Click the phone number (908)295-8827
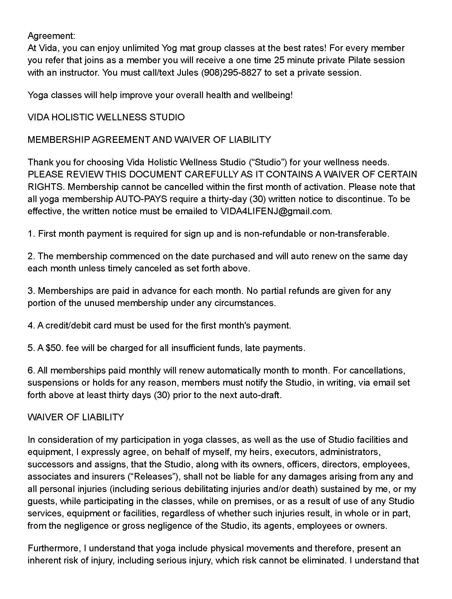point(231,73)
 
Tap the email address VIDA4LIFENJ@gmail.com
point(275,211)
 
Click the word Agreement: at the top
point(51,36)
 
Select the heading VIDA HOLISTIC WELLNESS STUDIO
point(106,117)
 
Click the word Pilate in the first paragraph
point(359,60)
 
